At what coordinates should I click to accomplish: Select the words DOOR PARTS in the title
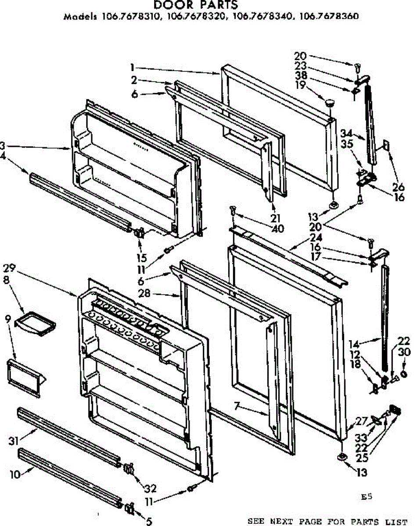[196, 5]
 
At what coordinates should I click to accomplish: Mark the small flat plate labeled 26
[386, 145]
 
